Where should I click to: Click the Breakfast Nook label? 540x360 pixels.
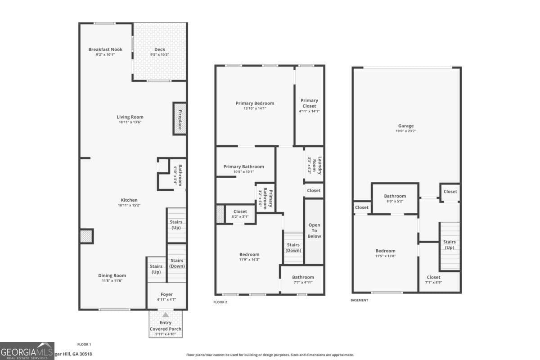(x=105, y=49)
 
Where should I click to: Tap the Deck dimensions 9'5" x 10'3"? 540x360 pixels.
(x=159, y=55)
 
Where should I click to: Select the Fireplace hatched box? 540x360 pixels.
(x=180, y=119)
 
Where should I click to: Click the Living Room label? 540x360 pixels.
(x=130, y=117)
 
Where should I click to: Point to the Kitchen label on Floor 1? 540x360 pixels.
(x=129, y=200)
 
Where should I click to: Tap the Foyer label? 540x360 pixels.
(x=166, y=294)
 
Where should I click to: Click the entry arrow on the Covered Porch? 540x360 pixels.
(x=166, y=315)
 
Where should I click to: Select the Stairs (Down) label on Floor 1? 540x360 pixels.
(x=177, y=263)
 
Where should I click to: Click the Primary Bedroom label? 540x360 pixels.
(x=255, y=103)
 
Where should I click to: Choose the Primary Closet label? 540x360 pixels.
(x=309, y=103)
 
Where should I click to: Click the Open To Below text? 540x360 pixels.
(x=314, y=230)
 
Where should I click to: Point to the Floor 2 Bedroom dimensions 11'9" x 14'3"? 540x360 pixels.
(x=249, y=260)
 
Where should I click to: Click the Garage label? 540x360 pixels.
(x=405, y=126)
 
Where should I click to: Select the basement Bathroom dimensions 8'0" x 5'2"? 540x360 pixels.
(x=395, y=201)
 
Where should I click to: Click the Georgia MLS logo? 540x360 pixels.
(x=27, y=351)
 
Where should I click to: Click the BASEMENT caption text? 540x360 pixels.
(x=359, y=300)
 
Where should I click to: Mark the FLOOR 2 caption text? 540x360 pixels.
(x=220, y=302)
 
